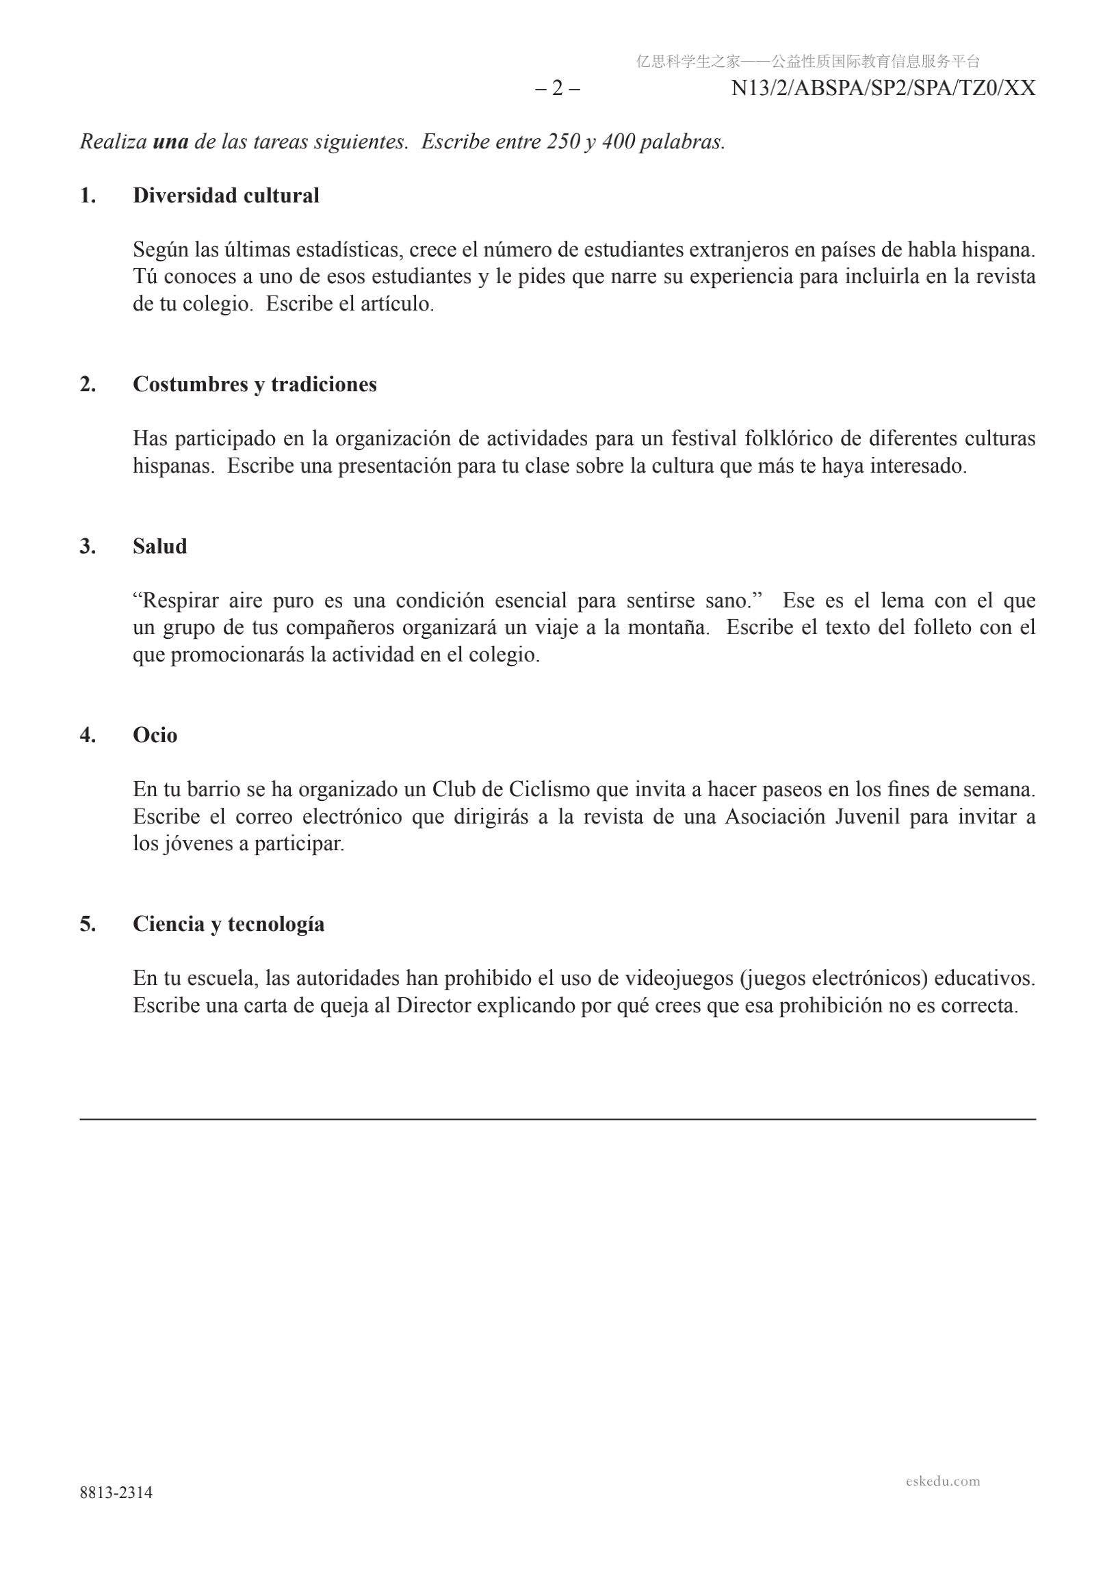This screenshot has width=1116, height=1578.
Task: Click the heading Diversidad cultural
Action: pyautogui.click(x=226, y=196)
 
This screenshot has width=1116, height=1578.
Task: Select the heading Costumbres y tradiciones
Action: pyautogui.click(x=255, y=384)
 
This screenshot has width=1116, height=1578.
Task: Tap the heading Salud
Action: pyautogui.click(x=159, y=547)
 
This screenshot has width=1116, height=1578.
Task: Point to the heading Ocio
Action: pyautogui.click(x=155, y=735)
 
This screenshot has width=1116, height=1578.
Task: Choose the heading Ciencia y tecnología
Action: pyautogui.click(x=229, y=923)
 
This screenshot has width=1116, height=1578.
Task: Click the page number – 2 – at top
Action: pyautogui.click(x=557, y=89)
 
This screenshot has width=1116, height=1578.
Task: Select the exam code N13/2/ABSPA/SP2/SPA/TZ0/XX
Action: pyautogui.click(x=883, y=89)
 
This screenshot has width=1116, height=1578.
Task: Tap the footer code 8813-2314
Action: pyautogui.click(x=116, y=1492)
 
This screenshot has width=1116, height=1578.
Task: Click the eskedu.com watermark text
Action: pyautogui.click(x=942, y=1480)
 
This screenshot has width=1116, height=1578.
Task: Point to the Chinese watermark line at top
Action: pyautogui.click(x=807, y=62)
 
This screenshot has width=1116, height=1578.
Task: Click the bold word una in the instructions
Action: pyautogui.click(x=170, y=142)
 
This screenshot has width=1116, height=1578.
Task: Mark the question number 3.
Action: pyautogui.click(x=88, y=547)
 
